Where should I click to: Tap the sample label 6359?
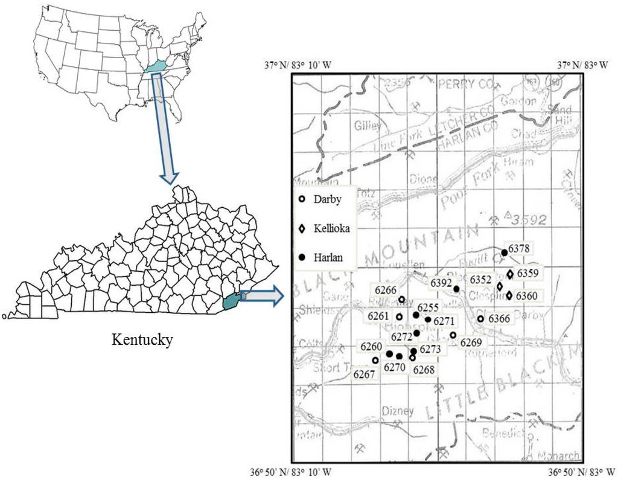[527, 273]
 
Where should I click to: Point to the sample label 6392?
[442, 281]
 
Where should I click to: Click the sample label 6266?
[385, 290]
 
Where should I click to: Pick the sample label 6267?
[365, 374]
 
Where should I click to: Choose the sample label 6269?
[471, 343]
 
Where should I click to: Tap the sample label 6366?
[499, 318]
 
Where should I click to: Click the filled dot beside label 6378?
[505, 252]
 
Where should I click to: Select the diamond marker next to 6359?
[510, 274]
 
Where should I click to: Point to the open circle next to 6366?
[480, 318]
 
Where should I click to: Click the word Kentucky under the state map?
[142, 339]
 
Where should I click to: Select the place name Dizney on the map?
[398, 411]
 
